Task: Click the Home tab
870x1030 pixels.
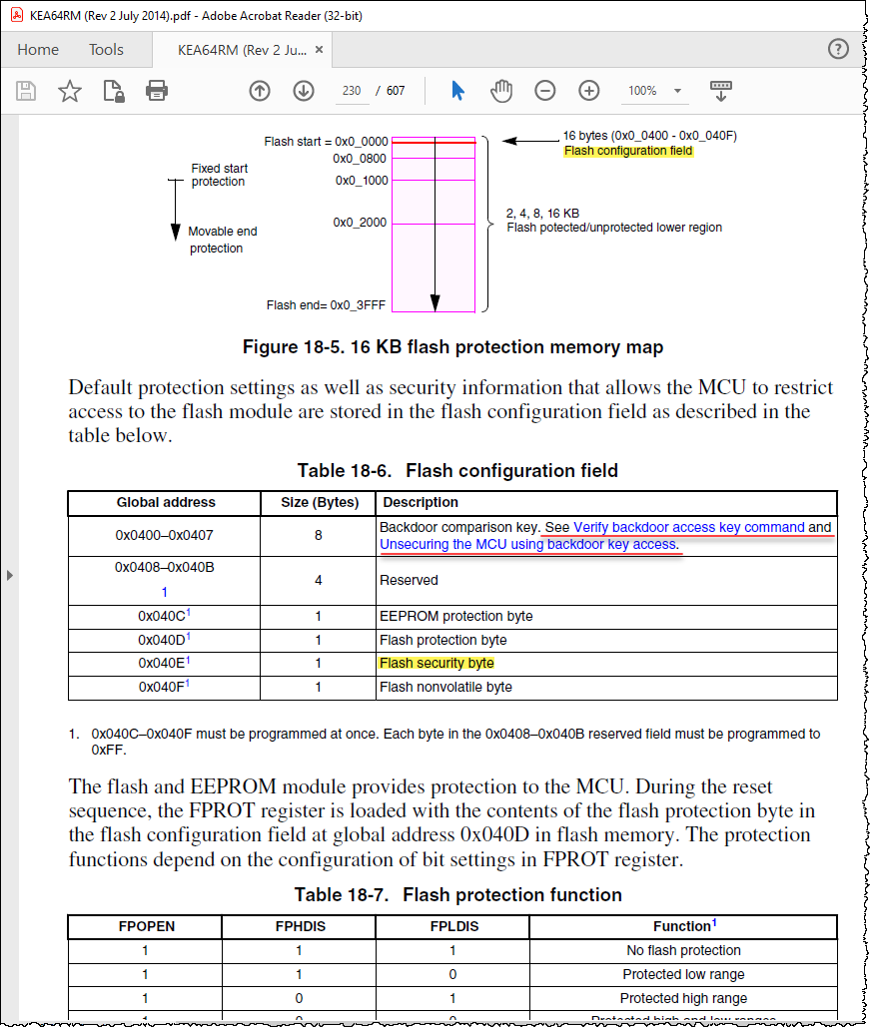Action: coord(38,50)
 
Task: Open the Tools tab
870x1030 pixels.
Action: coord(106,50)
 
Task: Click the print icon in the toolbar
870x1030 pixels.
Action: coord(157,91)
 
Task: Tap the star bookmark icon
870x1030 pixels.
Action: coord(70,91)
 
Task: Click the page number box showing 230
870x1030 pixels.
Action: coord(351,91)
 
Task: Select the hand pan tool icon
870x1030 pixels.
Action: coord(500,91)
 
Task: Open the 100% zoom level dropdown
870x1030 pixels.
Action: coord(654,91)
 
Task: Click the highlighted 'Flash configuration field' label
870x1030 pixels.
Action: coord(628,152)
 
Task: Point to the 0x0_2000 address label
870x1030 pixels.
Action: coord(360,223)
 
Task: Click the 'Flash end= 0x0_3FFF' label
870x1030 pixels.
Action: coord(327,305)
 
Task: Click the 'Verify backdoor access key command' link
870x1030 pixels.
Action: coord(688,527)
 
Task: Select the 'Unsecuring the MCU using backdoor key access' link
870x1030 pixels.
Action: coord(528,545)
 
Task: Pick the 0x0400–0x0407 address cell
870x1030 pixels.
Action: coord(164,536)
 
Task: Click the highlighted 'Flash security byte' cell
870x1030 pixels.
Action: coord(436,663)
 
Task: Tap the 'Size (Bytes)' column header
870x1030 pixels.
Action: coord(318,502)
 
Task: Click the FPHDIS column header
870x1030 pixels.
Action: coord(301,926)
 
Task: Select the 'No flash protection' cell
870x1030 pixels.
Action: coord(683,950)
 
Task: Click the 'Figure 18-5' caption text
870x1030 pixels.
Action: coord(452,347)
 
